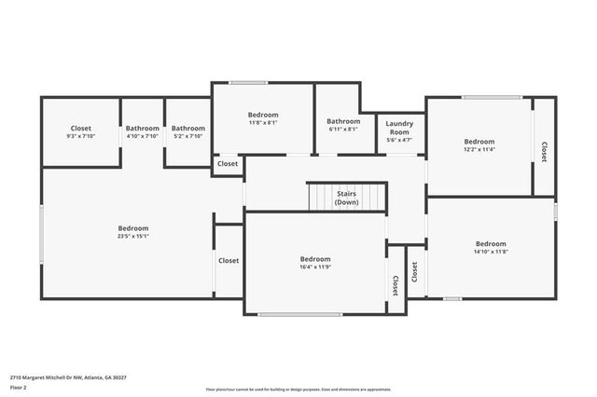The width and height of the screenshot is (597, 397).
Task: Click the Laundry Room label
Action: point(399,127)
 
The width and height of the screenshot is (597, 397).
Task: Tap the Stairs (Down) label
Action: point(347,198)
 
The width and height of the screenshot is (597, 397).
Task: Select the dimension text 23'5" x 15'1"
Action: point(132,237)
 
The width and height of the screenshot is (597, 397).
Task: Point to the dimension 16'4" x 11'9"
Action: point(315,267)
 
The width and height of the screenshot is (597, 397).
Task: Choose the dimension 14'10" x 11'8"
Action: point(491,252)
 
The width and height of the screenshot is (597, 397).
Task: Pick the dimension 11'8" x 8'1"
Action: point(262,122)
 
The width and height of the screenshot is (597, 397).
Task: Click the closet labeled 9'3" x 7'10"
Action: point(81,131)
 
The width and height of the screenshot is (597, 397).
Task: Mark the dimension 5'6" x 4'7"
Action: point(399,140)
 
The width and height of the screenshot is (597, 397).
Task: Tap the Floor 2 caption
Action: point(19,387)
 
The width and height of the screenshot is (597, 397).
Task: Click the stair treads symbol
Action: point(347,198)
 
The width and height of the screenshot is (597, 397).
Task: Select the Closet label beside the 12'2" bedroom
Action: point(544,152)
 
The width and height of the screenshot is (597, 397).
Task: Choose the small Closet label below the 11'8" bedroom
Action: point(228,164)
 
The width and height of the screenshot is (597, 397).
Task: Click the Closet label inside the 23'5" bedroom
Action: point(229,261)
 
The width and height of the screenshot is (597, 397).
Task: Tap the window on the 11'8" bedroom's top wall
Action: point(249,83)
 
